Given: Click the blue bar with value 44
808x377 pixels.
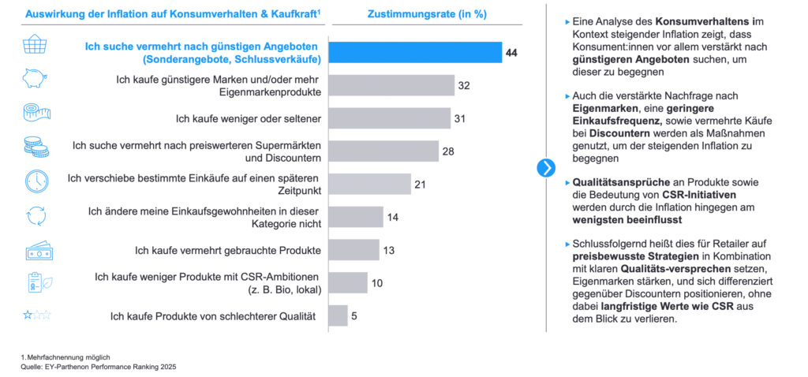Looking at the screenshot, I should pos(415,52).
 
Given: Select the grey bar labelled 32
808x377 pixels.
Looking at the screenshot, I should pos(391,85).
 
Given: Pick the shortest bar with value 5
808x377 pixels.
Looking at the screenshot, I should pos(338,315).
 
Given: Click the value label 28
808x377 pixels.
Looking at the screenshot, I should pos(448,151).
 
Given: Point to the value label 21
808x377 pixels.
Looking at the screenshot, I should pos(421,184).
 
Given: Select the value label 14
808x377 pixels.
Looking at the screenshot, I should pos(393,217).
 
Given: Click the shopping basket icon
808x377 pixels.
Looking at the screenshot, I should pos(36,47).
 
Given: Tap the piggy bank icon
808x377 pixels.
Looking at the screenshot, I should pos(36,80).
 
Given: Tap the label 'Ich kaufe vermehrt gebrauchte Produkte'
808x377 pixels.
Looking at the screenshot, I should pos(228,250).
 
